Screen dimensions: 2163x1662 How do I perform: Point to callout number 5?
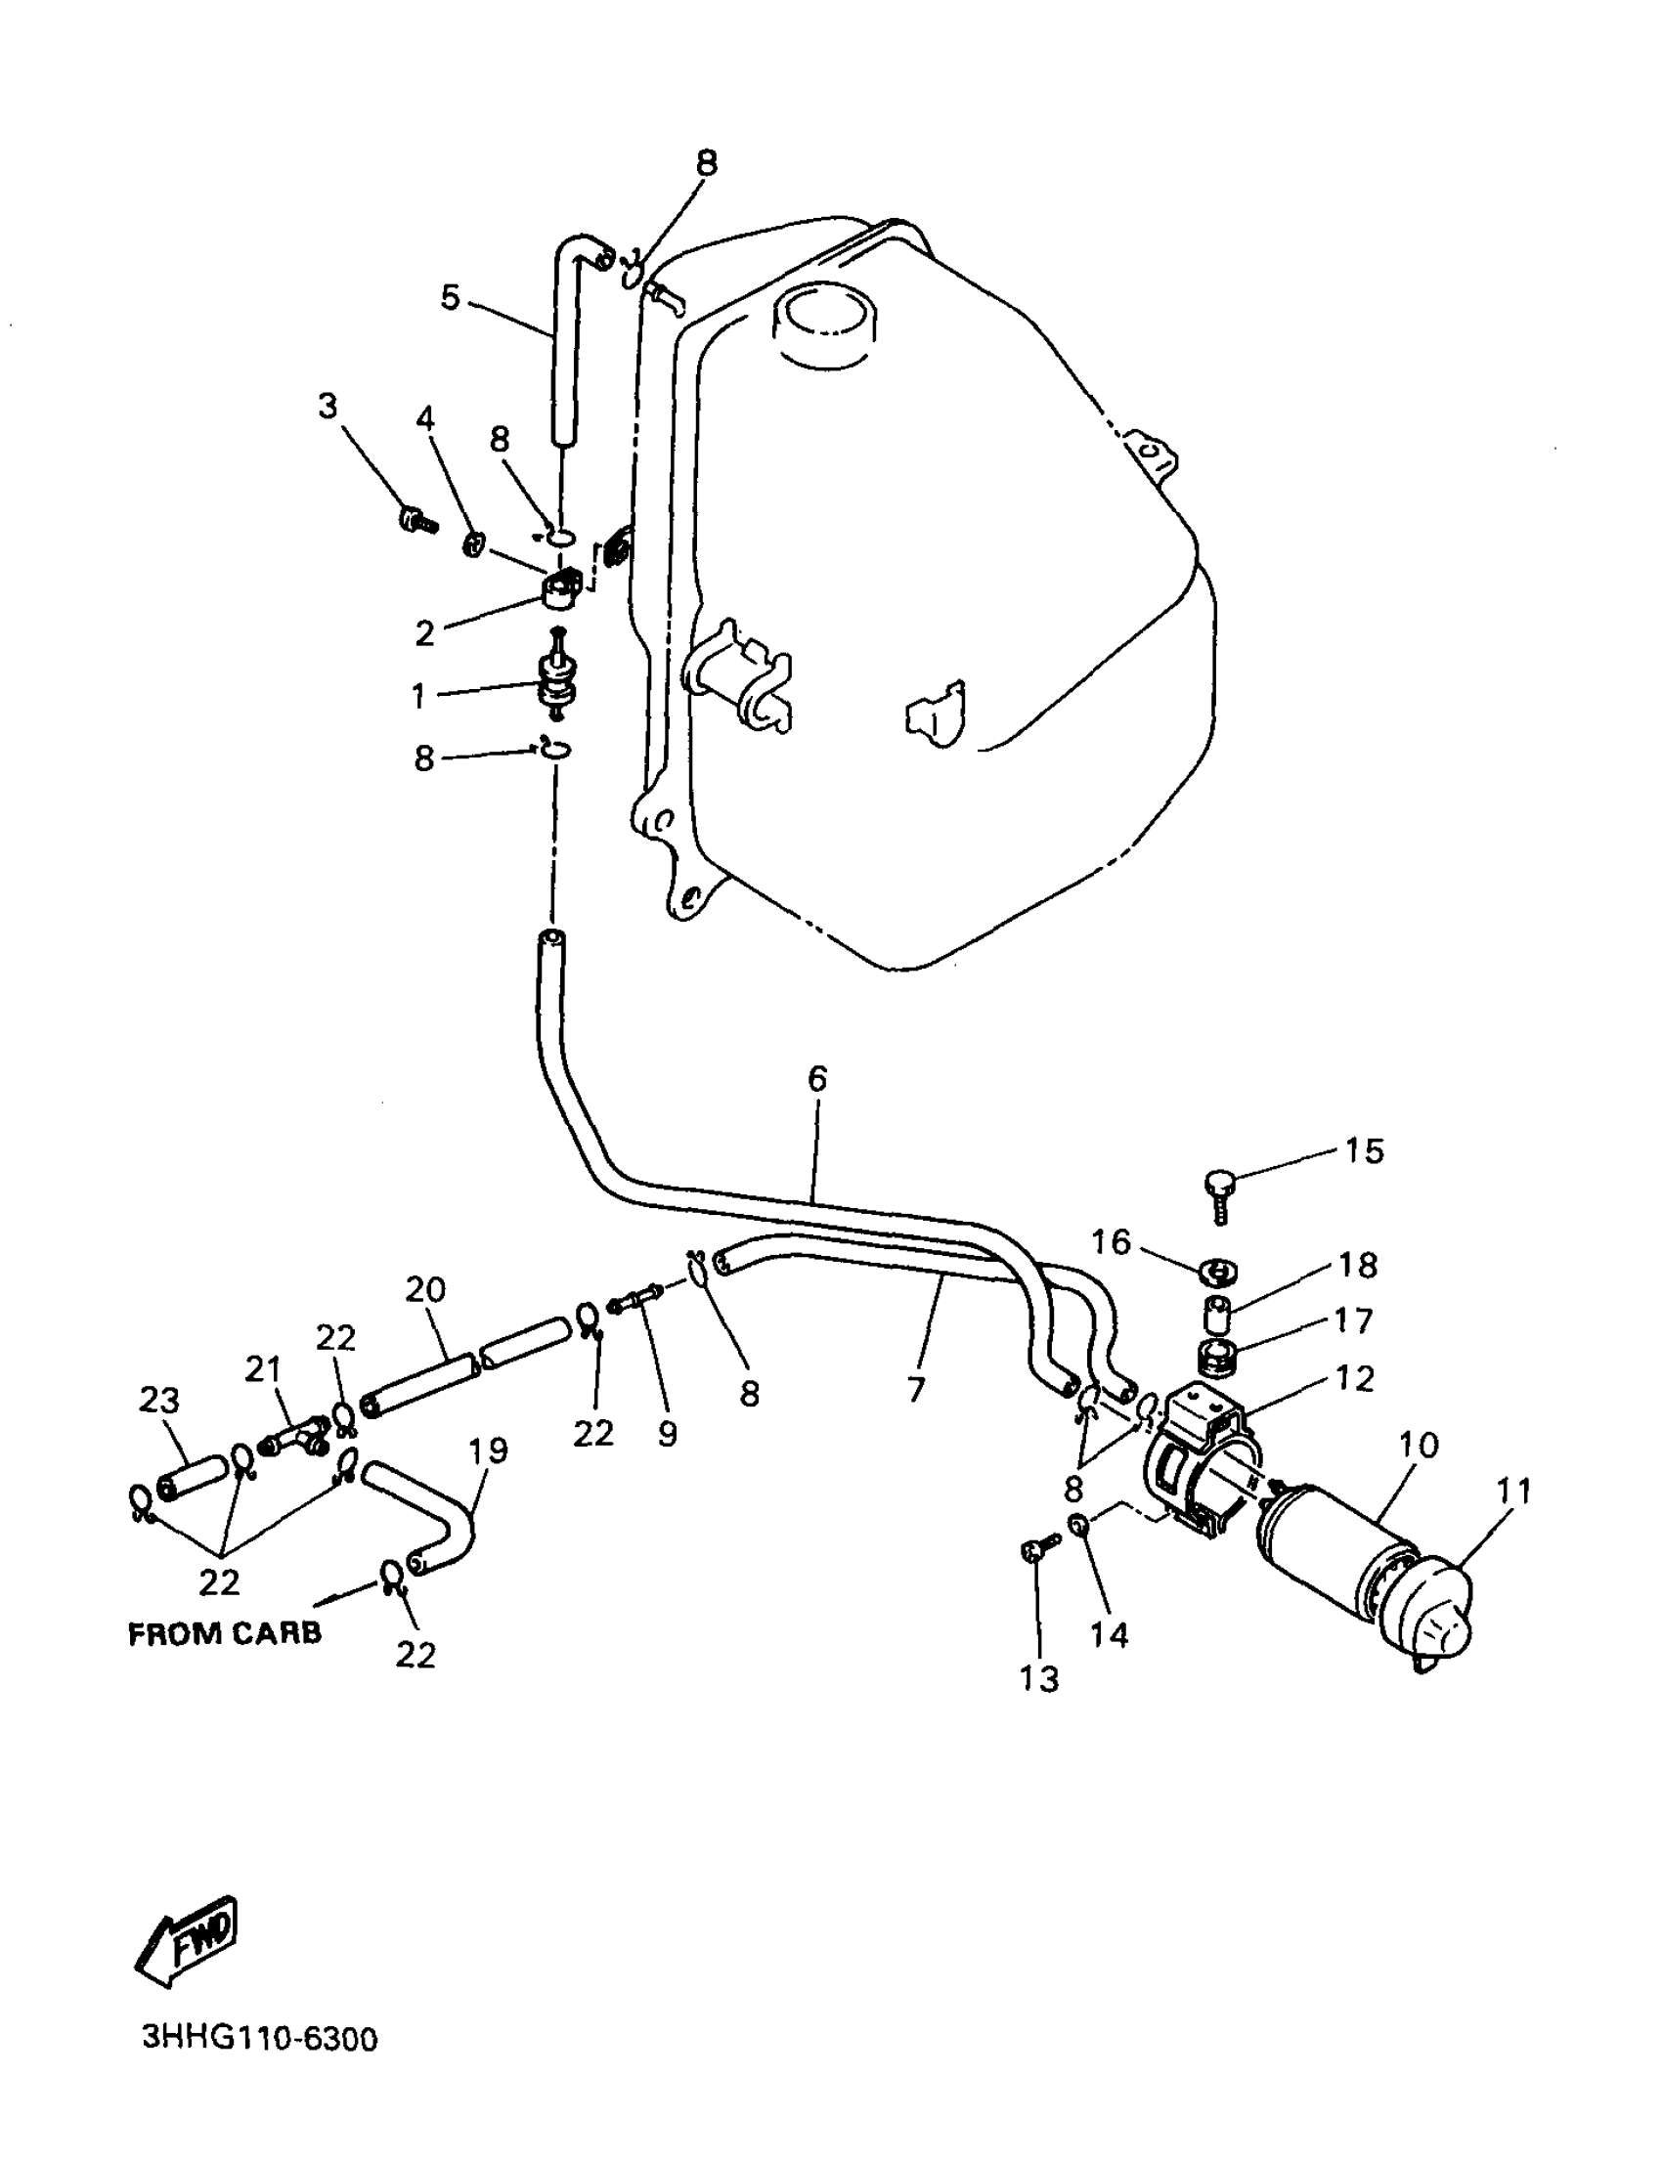click(450, 297)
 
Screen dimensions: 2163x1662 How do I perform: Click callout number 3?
click(328, 406)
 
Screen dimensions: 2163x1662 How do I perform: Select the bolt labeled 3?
click(416, 517)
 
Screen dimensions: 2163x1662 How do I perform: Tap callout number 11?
click(1513, 1492)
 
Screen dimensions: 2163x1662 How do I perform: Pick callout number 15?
click(1364, 1150)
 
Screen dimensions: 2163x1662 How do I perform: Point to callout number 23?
click(158, 1401)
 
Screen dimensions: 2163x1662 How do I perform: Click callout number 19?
click(488, 1449)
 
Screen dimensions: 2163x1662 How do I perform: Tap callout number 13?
click(1038, 1678)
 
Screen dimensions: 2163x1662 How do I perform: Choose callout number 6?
click(817, 1079)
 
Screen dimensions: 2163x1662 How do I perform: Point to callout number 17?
click(1353, 1320)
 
